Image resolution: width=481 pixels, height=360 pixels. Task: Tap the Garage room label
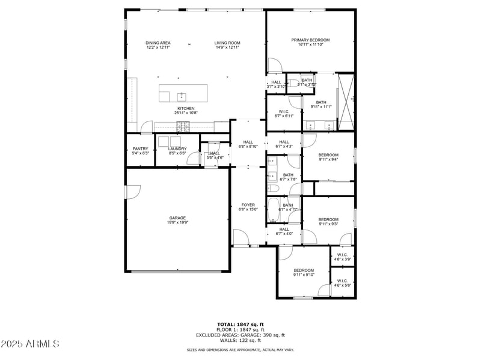click(x=177, y=218)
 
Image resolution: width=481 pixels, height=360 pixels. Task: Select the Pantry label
click(x=140, y=149)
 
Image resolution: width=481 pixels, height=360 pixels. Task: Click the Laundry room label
click(x=177, y=149)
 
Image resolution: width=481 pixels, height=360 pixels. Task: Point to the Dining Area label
click(x=158, y=43)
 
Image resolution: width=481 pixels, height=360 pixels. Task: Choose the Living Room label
click(x=227, y=43)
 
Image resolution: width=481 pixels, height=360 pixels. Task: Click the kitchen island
click(x=183, y=94)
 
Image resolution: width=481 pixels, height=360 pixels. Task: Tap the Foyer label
click(x=248, y=205)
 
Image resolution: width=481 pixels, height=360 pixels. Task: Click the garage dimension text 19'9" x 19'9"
click(x=177, y=222)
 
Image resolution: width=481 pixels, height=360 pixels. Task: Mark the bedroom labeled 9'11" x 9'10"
click(x=304, y=272)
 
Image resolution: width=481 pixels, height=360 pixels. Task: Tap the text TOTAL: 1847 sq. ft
click(x=240, y=324)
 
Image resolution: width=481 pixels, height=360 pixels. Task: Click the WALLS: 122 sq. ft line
click(x=240, y=340)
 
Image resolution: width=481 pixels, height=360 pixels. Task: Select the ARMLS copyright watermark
click(x=30, y=344)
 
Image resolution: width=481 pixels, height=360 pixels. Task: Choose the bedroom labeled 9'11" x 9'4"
click(x=328, y=157)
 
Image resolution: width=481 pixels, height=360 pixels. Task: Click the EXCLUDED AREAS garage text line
click(x=240, y=335)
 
